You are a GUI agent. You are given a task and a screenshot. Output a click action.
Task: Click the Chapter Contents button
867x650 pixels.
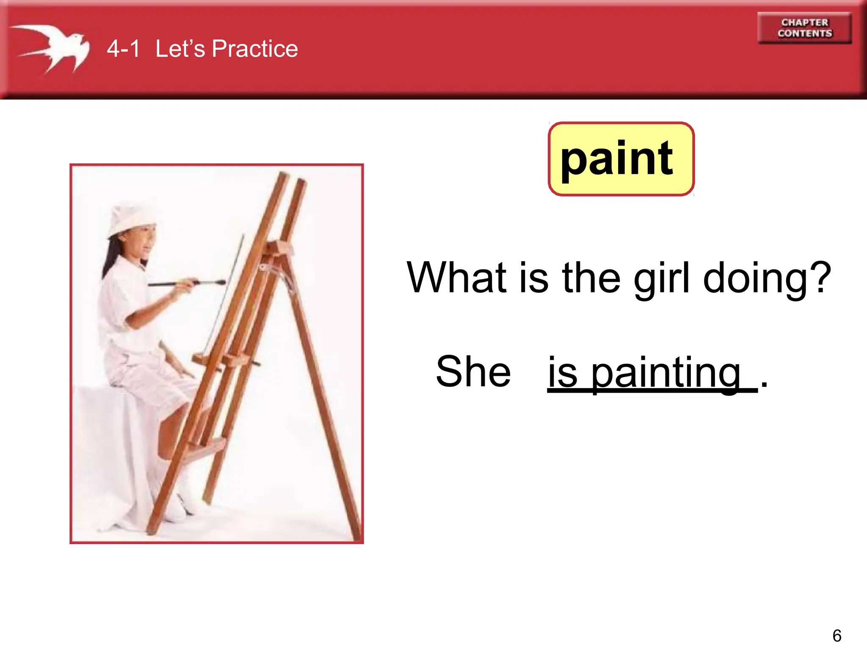(804, 28)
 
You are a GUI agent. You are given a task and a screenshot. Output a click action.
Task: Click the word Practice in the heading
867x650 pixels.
(255, 49)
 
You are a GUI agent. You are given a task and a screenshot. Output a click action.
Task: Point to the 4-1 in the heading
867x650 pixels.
(123, 49)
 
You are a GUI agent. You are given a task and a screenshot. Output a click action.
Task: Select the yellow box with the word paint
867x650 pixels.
(621, 159)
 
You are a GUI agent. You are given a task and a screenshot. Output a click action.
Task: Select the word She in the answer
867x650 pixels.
(473, 372)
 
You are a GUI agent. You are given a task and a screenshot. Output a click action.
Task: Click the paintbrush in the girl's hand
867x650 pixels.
(186, 283)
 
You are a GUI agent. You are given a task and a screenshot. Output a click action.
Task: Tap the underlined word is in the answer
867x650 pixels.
(562, 372)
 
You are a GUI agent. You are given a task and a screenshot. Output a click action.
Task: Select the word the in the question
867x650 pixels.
(591, 278)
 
